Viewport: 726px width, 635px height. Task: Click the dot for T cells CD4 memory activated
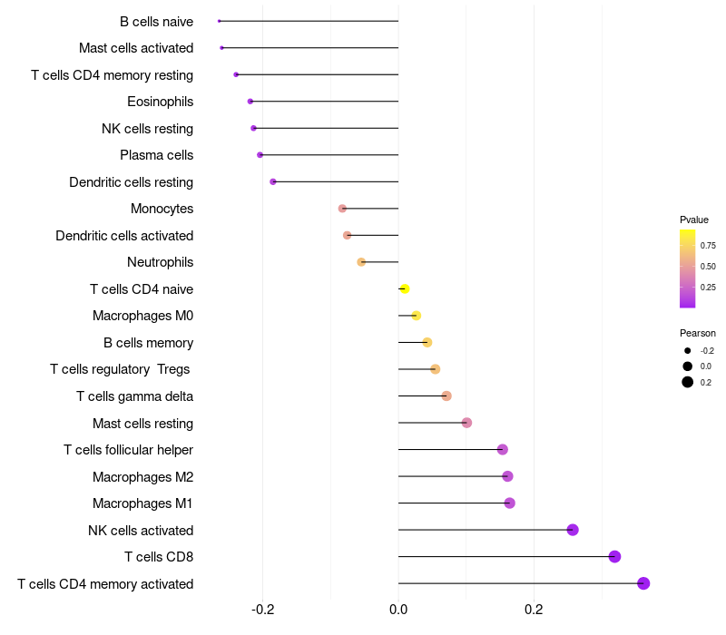(643, 583)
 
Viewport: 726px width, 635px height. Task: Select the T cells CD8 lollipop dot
(614, 557)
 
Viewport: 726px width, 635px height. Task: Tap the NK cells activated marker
(573, 530)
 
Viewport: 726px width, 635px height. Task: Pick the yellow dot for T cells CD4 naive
(405, 289)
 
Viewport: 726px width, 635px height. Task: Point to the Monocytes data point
(342, 209)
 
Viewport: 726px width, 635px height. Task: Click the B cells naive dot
(220, 21)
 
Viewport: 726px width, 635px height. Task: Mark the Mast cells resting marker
(466, 423)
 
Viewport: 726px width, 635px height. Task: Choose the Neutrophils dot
(361, 262)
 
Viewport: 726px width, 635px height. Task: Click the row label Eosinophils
(160, 102)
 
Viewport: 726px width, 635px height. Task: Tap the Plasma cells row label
(156, 155)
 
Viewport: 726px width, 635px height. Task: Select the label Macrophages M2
(142, 477)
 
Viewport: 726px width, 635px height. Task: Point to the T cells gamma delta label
(134, 396)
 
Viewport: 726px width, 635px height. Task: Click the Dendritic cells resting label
(131, 182)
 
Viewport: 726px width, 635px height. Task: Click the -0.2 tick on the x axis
(263, 608)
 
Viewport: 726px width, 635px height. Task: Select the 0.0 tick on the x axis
(398, 608)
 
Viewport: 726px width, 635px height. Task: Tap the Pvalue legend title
(694, 220)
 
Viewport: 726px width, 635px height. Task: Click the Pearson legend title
(697, 333)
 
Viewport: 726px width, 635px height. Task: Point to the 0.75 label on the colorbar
(708, 246)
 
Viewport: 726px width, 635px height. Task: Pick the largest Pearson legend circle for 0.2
(688, 382)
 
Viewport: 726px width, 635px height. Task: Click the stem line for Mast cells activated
(309, 48)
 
